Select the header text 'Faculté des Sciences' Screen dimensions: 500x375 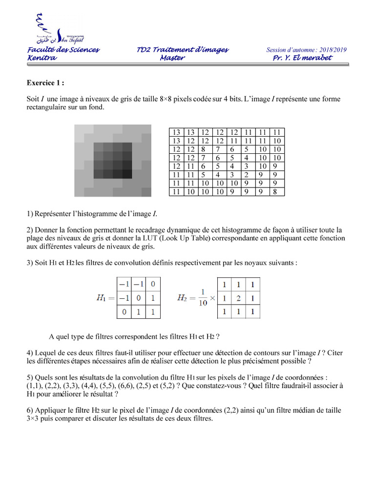(x=63, y=50)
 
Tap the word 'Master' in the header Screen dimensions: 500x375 (x=172, y=58)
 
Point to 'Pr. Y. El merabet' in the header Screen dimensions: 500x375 (x=302, y=58)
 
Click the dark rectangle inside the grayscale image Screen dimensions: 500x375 (x=112, y=160)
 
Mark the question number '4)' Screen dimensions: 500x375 (x=30, y=353)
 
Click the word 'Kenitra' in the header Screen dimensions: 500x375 (x=42, y=58)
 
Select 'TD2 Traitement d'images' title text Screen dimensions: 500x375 (x=183, y=50)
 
